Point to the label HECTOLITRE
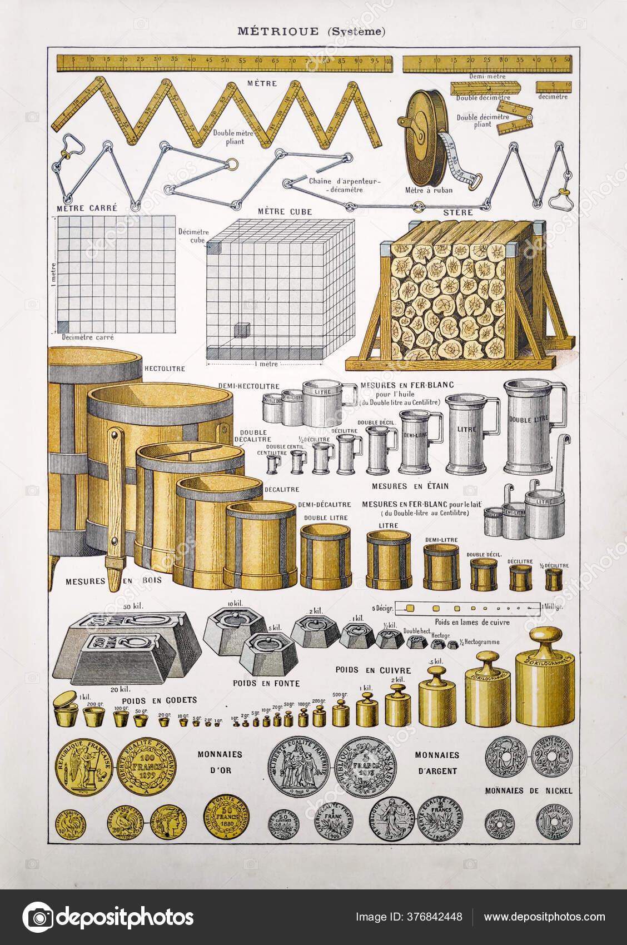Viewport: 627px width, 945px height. pyautogui.click(x=165, y=369)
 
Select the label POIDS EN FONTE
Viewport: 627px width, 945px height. pyautogui.click(x=266, y=683)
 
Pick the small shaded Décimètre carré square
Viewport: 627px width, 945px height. pyautogui.click(x=63, y=326)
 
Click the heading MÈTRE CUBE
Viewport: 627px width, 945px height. pyautogui.click(x=285, y=212)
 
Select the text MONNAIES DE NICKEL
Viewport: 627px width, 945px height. pyautogui.click(x=528, y=790)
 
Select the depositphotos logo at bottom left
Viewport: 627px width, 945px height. pyautogui.click(x=108, y=917)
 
